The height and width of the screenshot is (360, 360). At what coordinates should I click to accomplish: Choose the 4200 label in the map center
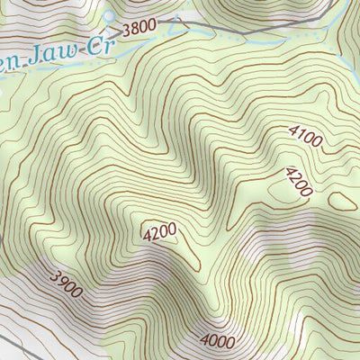(159, 233)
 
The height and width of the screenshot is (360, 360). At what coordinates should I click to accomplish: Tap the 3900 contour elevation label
(67, 284)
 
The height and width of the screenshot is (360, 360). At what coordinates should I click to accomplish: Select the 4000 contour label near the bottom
(217, 341)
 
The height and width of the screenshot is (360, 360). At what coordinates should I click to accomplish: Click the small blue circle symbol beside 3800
(110, 16)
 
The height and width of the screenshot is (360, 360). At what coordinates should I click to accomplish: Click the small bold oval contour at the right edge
(341, 201)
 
